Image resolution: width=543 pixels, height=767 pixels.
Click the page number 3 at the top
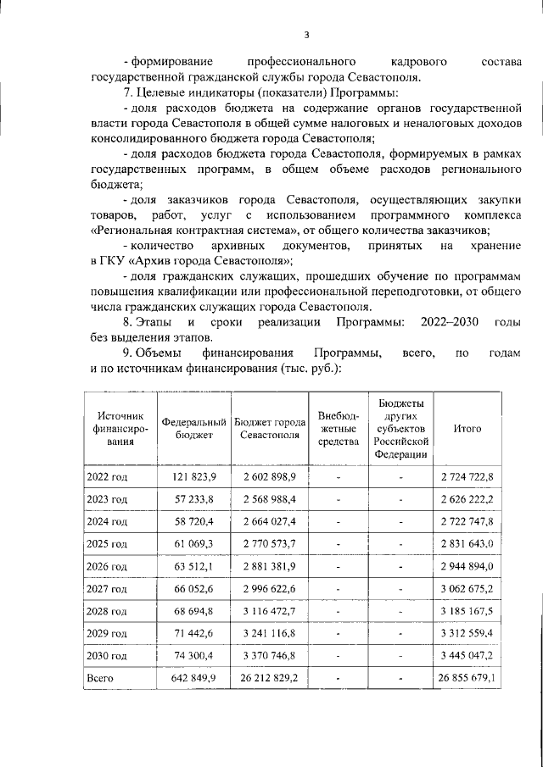[x=308, y=35]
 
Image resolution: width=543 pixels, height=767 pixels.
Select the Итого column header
[x=467, y=429]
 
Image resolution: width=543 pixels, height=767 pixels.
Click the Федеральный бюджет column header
[x=194, y=429]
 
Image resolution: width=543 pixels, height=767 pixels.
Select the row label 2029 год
[x=107, y=633]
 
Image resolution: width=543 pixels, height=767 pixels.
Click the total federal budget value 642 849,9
[x=194, y=678]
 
